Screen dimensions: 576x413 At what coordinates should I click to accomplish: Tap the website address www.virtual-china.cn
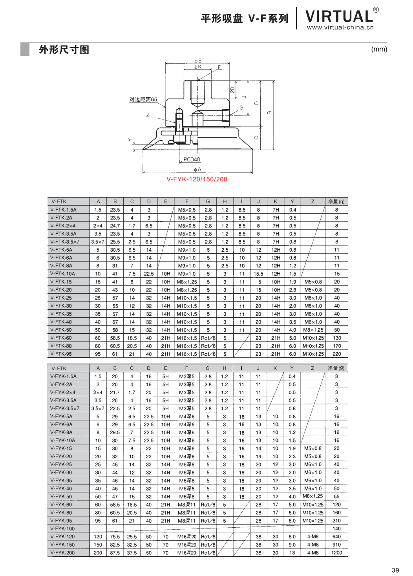pos(340,27)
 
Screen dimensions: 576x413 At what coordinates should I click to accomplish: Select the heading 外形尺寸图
pos(64,50)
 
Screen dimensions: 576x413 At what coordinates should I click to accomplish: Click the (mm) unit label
pos(379,49)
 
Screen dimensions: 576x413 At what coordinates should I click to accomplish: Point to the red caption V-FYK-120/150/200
pos(197,179)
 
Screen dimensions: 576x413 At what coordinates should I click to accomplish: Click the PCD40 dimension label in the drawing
pos(192,159)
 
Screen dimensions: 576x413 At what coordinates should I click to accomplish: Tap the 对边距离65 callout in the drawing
pos(143,100)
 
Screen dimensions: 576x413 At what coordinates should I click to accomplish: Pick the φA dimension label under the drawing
pos(197,170)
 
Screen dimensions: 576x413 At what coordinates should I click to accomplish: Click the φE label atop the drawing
pos(198,61)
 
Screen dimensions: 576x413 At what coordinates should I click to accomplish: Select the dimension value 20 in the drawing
pos(232,90)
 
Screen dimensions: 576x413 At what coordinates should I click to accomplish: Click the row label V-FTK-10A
pos(63,274)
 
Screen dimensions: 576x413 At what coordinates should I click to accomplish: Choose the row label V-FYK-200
pos(62,553)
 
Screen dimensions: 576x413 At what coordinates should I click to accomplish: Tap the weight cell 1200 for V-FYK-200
pos(336,553)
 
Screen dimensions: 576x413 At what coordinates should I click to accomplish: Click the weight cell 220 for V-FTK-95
pos(336,354)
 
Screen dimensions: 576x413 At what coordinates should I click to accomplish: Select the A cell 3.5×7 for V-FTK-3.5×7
pos(98,242)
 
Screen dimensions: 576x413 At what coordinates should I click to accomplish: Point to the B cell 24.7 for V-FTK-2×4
pos(115,226)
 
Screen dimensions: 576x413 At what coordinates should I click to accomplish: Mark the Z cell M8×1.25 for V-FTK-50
pos(313,330)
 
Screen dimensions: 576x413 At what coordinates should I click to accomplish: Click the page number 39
pos(395,570)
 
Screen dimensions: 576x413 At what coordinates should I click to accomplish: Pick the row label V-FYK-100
pos(62,529)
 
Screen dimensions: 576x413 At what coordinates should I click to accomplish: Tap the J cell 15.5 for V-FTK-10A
pos(258,274)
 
